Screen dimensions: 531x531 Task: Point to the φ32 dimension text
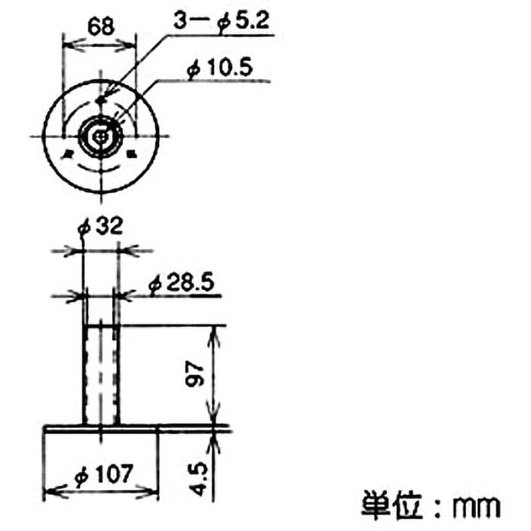click(100, 227)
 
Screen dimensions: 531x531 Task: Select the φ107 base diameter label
click(104, 475)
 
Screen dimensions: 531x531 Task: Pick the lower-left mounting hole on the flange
click(68, 153)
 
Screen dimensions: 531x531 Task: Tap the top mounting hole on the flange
click(100, 100)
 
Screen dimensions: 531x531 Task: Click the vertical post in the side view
click(100, 375)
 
